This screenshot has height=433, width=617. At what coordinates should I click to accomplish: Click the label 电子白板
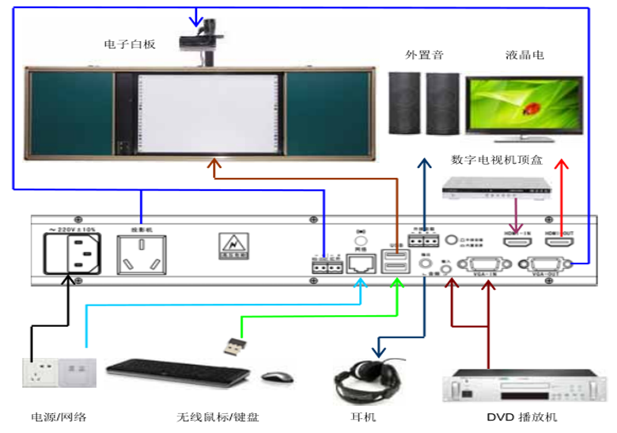(x=130, y=44)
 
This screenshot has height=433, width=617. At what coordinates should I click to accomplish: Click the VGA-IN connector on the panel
(x=485, y=265)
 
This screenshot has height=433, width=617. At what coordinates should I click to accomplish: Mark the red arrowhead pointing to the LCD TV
(x=562, y=163)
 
